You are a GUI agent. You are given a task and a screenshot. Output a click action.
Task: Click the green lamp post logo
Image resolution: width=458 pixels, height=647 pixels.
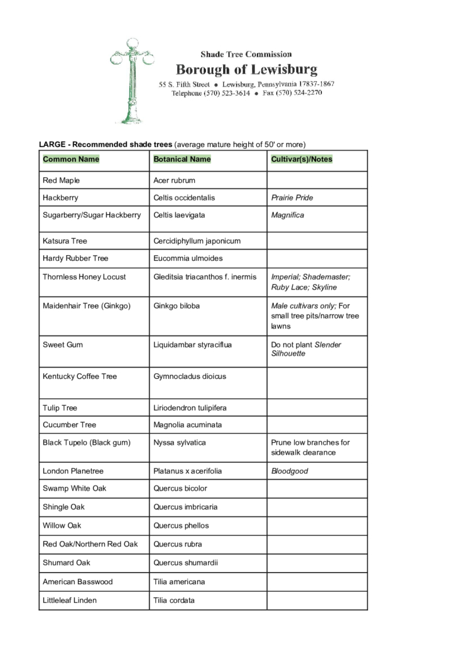(132, 80)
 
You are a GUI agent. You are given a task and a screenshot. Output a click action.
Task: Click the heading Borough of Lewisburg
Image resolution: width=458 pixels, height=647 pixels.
(246, 69)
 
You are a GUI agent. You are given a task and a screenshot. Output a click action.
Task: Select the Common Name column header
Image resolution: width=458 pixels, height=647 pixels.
(71, 160)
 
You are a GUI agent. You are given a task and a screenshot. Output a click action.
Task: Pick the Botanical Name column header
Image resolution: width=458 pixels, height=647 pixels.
(182, 160)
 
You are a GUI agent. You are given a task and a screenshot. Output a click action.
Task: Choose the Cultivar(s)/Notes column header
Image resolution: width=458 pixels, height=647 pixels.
(302, 160)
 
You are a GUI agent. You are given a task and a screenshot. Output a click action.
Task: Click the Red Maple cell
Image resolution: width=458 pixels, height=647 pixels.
(61, 181)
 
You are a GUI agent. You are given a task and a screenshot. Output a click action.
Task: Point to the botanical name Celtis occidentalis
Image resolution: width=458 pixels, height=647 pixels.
(184, 198)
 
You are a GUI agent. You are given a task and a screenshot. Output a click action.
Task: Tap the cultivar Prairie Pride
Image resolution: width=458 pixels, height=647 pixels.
(292, 198)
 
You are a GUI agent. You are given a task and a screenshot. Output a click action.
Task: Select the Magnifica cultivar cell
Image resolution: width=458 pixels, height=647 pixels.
(288, 215)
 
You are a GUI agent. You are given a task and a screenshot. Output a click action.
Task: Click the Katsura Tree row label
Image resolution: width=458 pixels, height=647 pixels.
(65, 241)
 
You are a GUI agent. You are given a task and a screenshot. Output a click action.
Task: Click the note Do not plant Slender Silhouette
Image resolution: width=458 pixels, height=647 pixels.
(306, 349)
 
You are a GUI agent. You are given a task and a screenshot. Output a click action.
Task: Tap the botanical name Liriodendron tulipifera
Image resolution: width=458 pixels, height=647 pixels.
(190, 408)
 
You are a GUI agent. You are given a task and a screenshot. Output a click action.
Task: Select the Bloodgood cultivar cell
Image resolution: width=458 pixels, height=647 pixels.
(290, 471)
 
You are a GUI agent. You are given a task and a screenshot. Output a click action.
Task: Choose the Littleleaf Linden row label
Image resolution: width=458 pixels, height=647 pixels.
(70, 601)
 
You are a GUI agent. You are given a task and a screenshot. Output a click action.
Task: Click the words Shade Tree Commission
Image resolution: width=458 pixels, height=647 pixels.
(246, 55)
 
